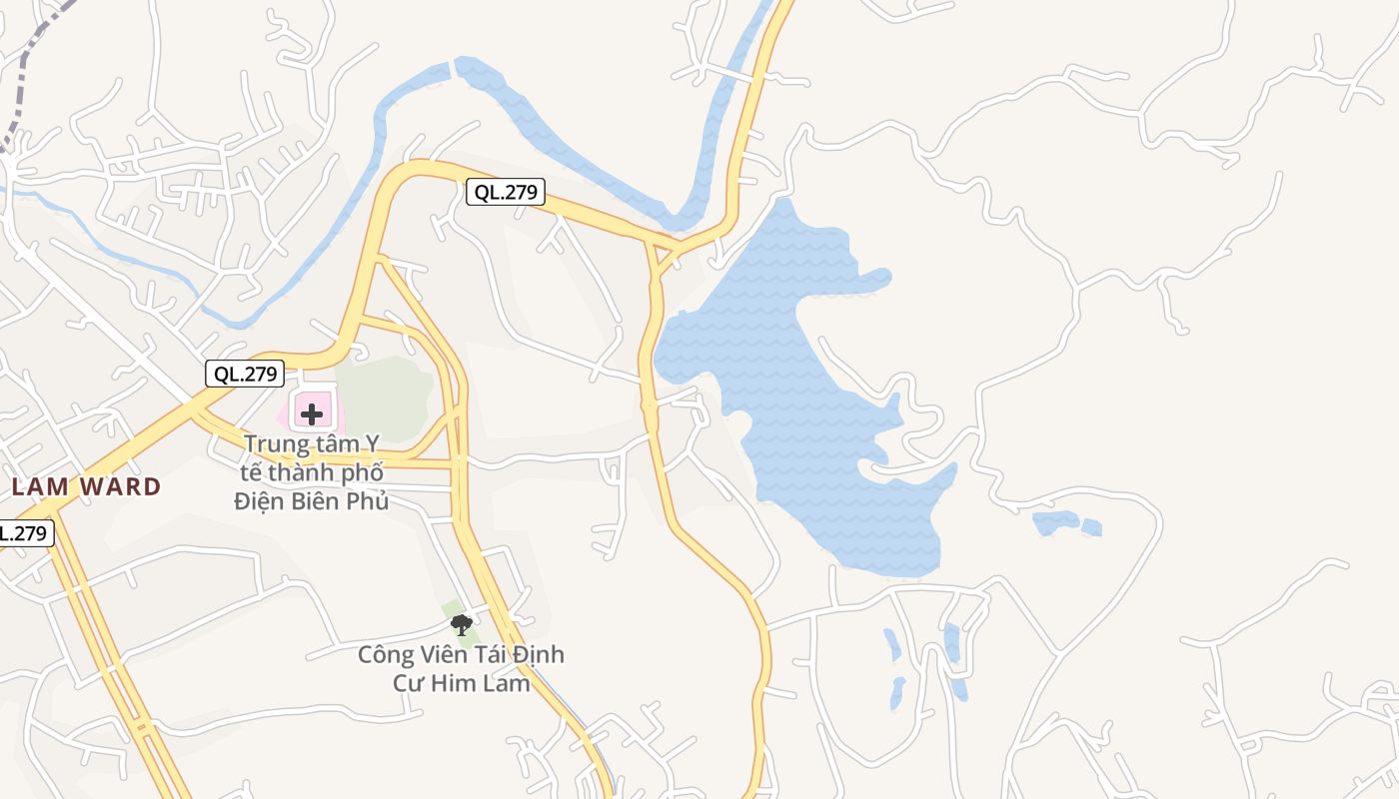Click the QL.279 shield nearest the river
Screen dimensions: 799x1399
pyautogui.click(x=506, y=193)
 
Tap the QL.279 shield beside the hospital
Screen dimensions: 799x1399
pyautogui.click(x=245, y=375)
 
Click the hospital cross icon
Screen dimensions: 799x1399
pyautogui.click(x=312, y=413)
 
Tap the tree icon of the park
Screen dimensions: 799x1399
pyautogui.click(x=461, y=625)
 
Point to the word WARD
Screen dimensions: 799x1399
pyautogui.click(x=121, y=487)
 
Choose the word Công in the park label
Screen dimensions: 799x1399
pyautogui.click(x=386, y=655)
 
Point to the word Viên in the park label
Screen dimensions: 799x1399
pyautogui.click(x=446, y=655)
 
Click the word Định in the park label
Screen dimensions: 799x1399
pyautogui.click(x=538, y=655)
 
